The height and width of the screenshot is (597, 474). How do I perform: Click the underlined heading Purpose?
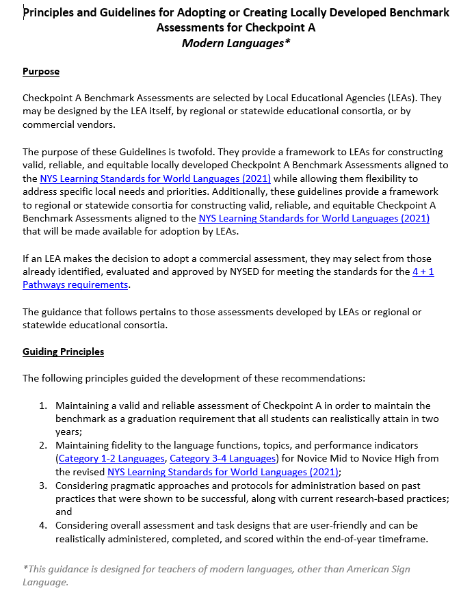41,72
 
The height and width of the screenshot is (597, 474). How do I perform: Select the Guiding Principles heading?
63,352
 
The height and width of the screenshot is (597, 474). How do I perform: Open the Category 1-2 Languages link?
111,458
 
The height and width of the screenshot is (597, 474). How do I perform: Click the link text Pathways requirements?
75,285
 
